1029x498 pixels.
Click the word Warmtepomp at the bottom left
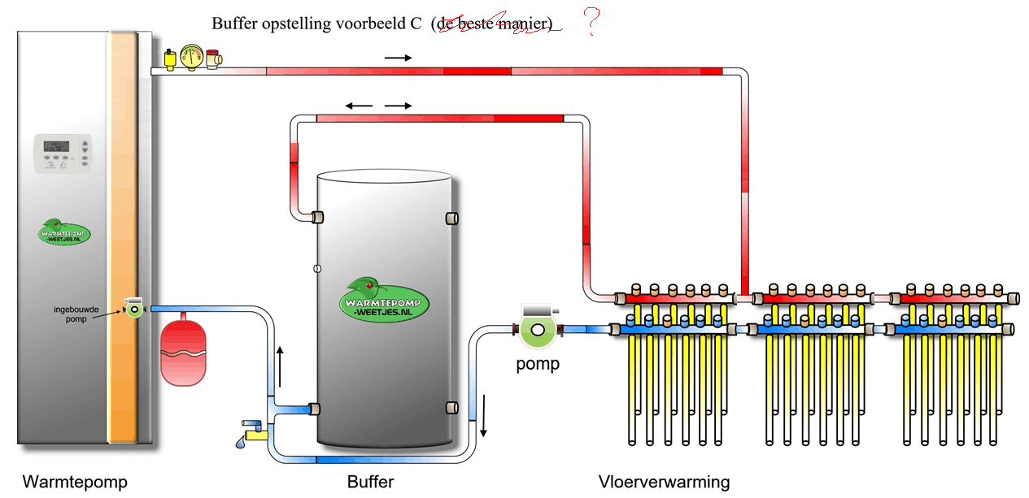75,482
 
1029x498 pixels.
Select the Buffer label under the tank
370,482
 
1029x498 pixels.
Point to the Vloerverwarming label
664,482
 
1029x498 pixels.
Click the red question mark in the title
593,24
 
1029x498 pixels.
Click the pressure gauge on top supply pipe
193,56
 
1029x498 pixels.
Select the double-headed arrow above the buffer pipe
378,106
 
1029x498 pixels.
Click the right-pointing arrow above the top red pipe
398,58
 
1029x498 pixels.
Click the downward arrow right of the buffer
483,414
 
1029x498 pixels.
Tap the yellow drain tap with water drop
253,431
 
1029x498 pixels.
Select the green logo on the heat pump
65,232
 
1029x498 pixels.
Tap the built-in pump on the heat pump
133,308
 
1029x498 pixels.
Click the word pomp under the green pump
538,364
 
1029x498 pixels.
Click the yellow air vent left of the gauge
170,58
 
